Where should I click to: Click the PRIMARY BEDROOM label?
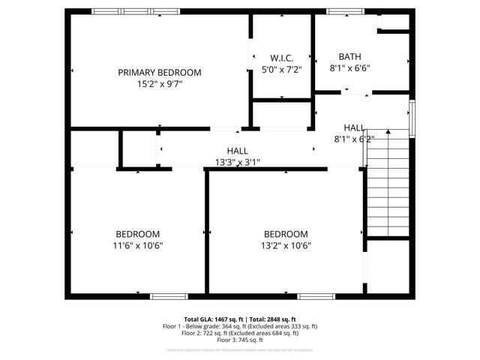pyautogui.click(x=160, y=73)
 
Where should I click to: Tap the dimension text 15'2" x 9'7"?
pyautogui.click(x=160, y=84)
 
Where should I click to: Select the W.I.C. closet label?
pyautogui.click(x=281, y=58)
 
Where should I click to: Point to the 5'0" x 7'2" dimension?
pyautogui.click(x=281, y=69)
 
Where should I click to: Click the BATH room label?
pyautogui.click(x=349, y=56)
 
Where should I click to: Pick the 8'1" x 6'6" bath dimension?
pyautogui.click(x=349, y=67)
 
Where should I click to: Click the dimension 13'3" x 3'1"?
pyautogui.click(x=237, y=162)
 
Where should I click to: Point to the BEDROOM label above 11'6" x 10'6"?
pyautogui.click(x=137, y=234)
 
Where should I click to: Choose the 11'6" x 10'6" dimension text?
pyautogui.click(x=137, y=245)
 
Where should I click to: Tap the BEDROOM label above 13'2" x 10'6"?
pyautogui.click(x=286, y=234)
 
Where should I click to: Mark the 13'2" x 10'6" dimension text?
pyautogui.click(x=286, y=245)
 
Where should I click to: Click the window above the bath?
pyautogui.click(x=344, y=11)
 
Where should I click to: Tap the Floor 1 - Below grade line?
pyautogui.click(x=240, y=326)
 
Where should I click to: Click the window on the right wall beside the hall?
pyautogui.click(x=412, y=115)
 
